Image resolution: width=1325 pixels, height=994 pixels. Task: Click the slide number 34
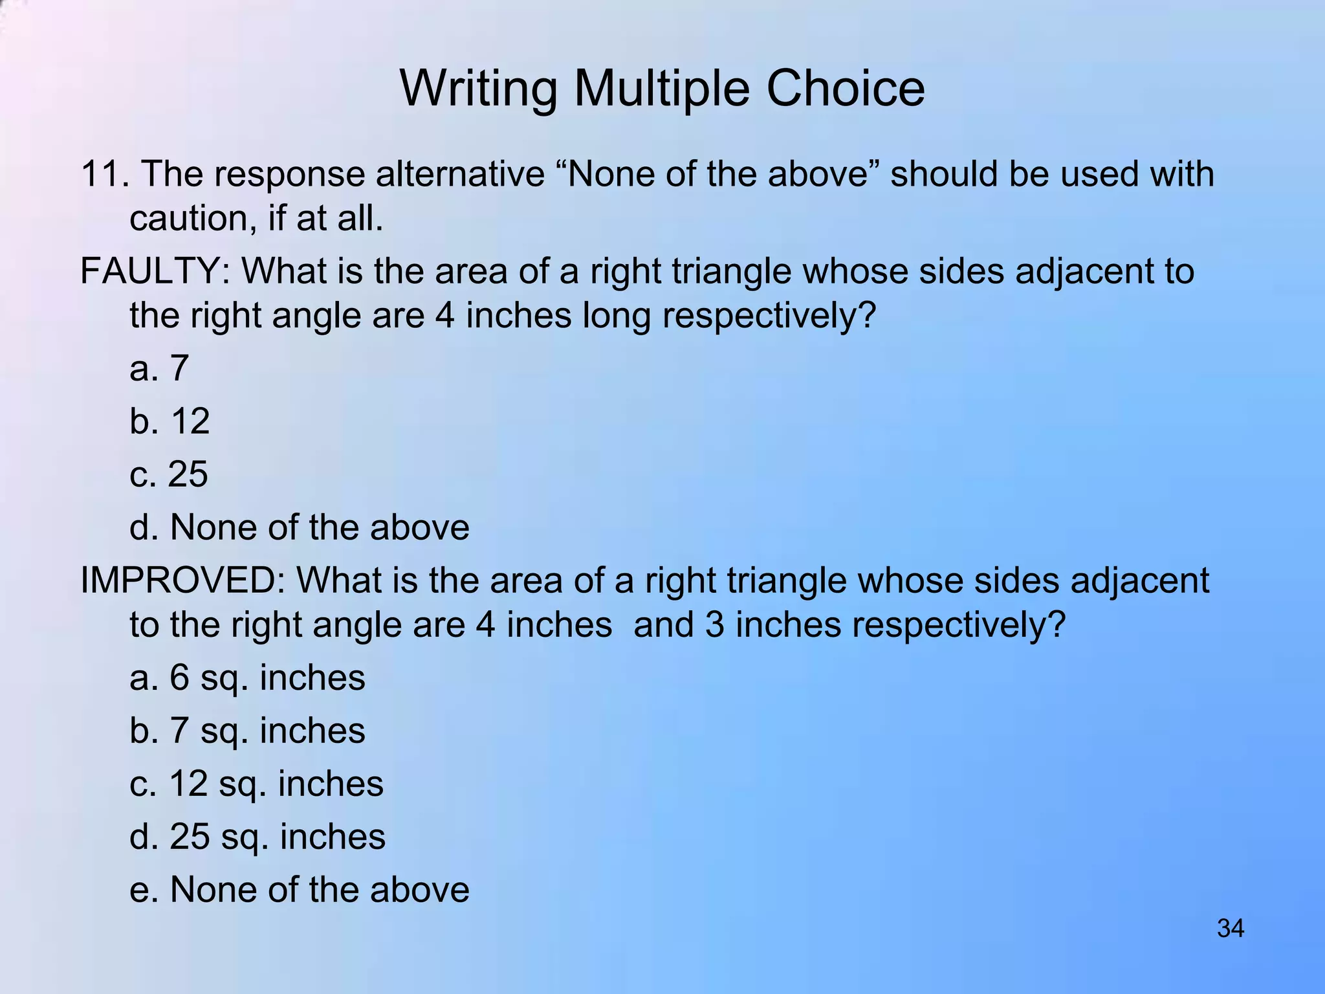(1230, 928)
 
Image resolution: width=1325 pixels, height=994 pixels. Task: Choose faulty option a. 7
(159, 368)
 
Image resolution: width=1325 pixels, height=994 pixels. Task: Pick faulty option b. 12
(170, 421)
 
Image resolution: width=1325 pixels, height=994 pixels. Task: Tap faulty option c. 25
(169, 474)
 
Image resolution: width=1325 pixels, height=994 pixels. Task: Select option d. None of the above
(299, 527)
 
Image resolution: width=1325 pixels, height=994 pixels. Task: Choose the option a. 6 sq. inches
(247, 678)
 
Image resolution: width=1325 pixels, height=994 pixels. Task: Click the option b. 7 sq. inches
(247, 731)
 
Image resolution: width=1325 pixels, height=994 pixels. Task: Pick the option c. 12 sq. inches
(256, 784)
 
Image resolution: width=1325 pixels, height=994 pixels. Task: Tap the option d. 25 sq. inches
(257, 837)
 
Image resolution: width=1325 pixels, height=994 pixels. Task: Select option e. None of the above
(299, 890)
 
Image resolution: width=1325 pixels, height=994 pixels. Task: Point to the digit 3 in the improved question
(714, 625)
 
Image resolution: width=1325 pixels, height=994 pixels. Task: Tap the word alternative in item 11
(461, 174)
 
